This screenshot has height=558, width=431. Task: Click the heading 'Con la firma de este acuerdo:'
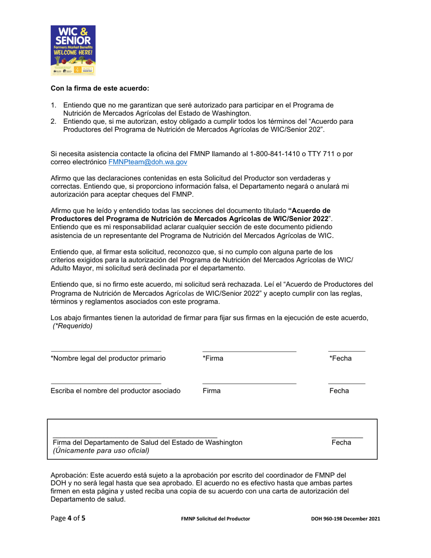(x=99, y=88)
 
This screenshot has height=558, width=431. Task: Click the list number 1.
(x=53, y=105)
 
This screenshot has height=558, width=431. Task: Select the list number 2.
(x=53, y=122)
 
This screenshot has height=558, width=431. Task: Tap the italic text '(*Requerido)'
(x=73, y=326)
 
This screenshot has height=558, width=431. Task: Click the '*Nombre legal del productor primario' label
(x=108, y=358)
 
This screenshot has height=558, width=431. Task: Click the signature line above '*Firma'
(x=249, y=351)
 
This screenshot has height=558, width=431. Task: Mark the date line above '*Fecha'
(x=347, y=351)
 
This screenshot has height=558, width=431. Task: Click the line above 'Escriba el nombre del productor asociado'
(x=106, y=384)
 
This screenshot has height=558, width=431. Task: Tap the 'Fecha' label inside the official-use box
(x=341, y=443)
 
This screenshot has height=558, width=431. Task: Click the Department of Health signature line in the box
(x=135, y=437)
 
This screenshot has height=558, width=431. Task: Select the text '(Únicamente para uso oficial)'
(x=101, y=451)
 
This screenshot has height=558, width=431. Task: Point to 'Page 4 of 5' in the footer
(x=68, y=518)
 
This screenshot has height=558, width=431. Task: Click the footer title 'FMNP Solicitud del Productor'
(x=215, y=519)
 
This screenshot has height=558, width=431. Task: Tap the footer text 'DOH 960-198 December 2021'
(x=342, y=519)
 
